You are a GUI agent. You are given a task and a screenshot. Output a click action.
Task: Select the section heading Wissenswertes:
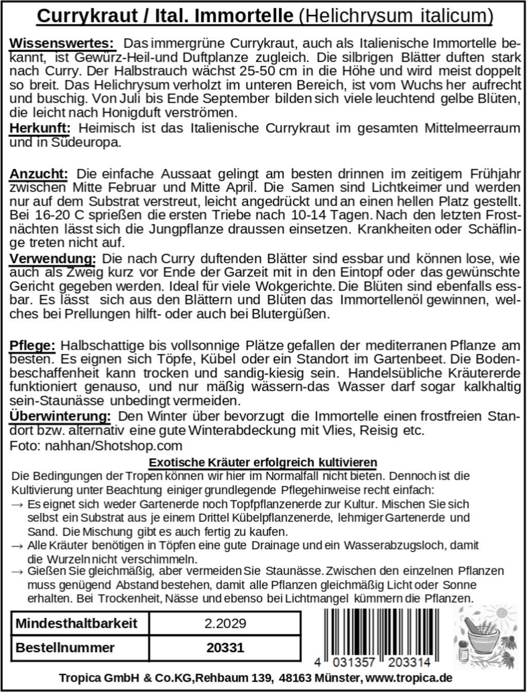click(x=60, y=42)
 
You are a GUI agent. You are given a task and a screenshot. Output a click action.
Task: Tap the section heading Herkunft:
click(x=40, y=127)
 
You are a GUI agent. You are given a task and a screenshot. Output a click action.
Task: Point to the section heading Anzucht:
click(x=39, y=174)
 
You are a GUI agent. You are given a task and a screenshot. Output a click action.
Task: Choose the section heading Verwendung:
click(x=52, y=258)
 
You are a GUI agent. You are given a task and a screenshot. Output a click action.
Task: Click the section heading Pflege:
click(x=32, y=345)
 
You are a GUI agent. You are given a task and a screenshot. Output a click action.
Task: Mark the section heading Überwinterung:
click(x=60, y=415)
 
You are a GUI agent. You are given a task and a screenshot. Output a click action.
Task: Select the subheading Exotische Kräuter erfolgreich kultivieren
click(x=263, y=462)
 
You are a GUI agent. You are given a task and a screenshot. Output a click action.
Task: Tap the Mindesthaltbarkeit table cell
click(x=76, y=623)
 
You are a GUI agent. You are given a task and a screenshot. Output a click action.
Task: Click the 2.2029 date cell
click(x=225, y=623)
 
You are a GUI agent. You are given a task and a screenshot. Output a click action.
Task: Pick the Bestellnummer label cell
click(x=65, y=648)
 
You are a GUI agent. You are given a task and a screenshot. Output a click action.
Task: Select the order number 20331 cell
click(x=225, y=648)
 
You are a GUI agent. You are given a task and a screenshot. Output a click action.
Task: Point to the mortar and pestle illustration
click(x=483, y=637)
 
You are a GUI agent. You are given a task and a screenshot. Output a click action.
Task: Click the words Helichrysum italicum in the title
click(x=395, y=16)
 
